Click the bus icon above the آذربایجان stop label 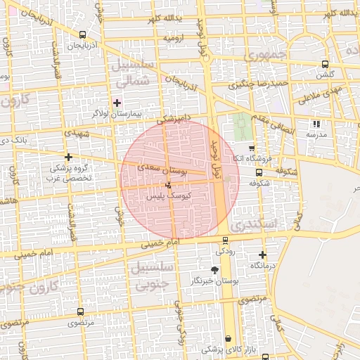point(83,34)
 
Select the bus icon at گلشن point(324,64)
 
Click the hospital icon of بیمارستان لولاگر point(117,103)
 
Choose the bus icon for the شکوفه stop point(259,172)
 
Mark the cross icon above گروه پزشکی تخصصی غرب point(67,157)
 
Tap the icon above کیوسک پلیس point(167,186)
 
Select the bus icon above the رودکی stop point(224,240)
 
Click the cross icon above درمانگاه point(262,255)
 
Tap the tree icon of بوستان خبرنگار point(214,269)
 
